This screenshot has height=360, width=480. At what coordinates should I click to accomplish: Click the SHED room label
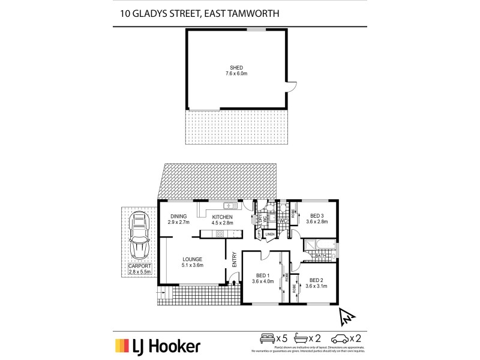(236, 67)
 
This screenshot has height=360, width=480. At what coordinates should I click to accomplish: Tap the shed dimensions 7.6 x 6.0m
(236, 74)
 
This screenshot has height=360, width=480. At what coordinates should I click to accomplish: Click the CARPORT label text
(139, 266)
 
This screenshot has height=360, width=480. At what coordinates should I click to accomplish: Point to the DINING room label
(179, 216)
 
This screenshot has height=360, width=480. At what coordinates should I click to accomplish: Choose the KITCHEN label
(222, 216)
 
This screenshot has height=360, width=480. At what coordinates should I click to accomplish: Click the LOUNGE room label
(193, 259)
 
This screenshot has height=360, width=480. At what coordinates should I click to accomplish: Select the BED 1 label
(263, 275)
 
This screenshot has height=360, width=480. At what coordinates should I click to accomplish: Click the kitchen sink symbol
(228, 205)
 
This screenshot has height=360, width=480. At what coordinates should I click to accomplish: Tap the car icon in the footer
(340, 338)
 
